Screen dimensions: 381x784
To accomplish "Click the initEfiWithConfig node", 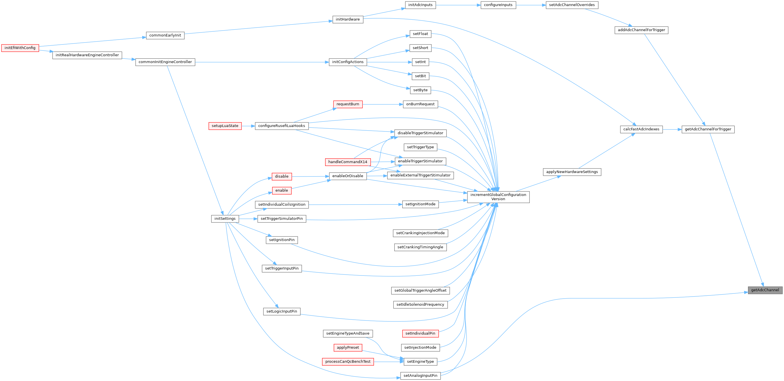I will click(20, 48).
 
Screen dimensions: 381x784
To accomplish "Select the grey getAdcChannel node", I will click(765, 290).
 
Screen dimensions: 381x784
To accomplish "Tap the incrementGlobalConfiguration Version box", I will click(498, 197).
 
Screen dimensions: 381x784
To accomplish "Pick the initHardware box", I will click(347, 19).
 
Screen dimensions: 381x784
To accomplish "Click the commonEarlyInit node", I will click(165, 36).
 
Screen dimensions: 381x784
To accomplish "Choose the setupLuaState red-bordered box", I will click(225, 126).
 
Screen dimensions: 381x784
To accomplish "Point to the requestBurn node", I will click(347, 104).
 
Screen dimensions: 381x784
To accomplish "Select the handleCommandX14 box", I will click(347, 162).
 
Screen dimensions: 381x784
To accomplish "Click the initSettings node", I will click(225, 219).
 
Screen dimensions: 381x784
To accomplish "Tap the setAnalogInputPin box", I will click(420, 376).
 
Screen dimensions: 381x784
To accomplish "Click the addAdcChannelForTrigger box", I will click(641, 30).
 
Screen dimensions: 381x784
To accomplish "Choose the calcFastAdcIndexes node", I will click(641, 129).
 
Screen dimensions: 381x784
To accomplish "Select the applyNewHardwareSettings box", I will click(572, 172).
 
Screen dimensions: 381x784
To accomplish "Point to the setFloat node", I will click(420, 34).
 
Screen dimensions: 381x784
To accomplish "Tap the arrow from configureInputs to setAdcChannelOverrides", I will click(531, 5).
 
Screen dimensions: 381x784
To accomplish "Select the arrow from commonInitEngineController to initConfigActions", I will click(262, 62).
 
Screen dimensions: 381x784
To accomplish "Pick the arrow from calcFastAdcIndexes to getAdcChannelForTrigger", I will click(672, 129).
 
